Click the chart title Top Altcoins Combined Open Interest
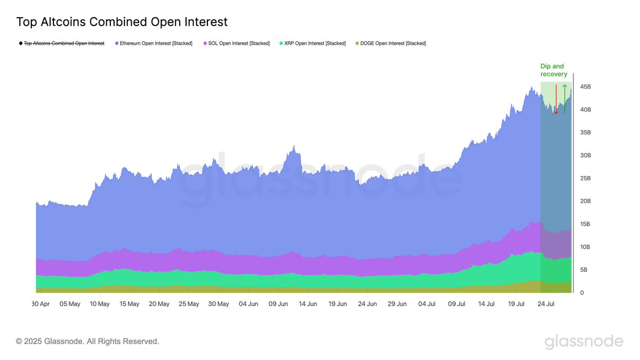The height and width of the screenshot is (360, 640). [x=122, y=22]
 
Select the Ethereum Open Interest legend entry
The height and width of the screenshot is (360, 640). [x=154, y=43]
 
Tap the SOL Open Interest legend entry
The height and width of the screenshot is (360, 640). [x=236, y=43]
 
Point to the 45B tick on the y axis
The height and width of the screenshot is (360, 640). [x=585, y=86]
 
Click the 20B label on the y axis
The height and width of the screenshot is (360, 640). [x=585, y=201]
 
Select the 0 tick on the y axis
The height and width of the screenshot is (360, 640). [x=582, y=293]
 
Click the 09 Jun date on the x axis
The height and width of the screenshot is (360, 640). [x=278, y=304]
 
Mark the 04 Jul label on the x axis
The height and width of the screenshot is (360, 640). [x=427, y=304]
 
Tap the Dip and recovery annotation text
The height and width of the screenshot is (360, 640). [x=554, y=70]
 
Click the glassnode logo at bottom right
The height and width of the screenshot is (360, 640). [x=583, y=341]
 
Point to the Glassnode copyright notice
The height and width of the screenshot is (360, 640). [x=87, y=341]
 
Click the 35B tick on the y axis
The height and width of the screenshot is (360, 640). [x=585, y=132]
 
